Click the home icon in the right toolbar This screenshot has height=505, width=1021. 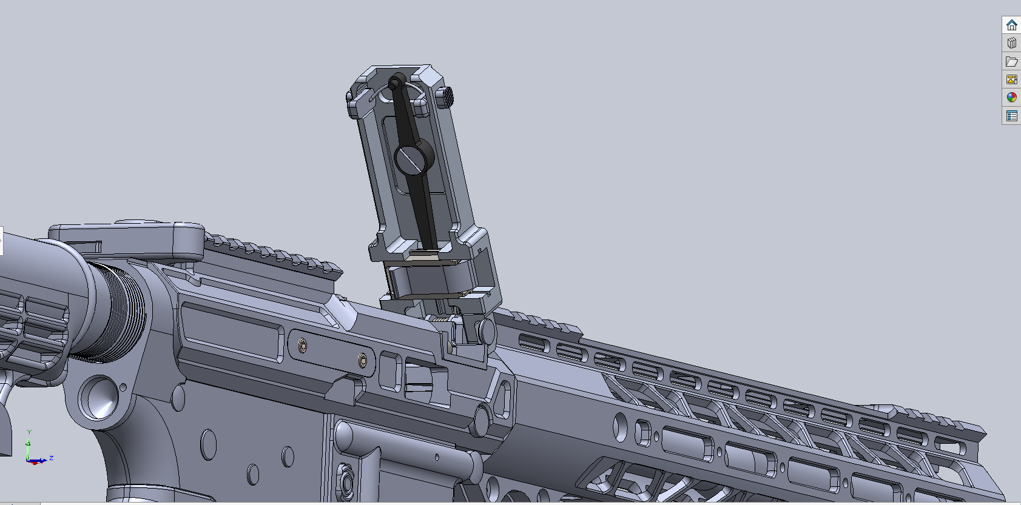(1011, 25)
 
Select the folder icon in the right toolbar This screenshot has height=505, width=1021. (1011, 61)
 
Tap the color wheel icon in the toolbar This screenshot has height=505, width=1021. (1011, 98)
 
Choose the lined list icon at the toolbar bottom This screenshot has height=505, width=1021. (1011, 116)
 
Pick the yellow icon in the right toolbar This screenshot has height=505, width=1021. (1011, 79)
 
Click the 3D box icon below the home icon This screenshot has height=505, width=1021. (1011, 43)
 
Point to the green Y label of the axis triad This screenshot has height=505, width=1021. (29, 432)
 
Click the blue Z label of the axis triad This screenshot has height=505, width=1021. (52, 458)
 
